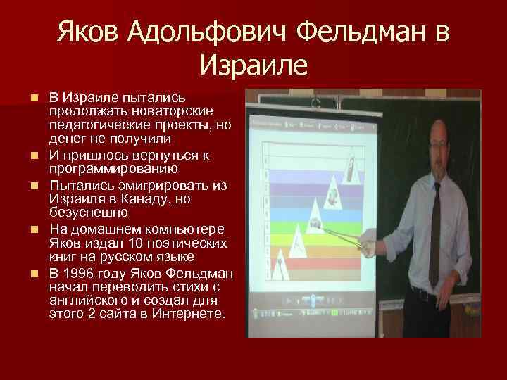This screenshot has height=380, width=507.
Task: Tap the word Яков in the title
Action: pos(90,32)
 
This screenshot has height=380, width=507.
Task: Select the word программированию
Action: pos(113,170)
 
